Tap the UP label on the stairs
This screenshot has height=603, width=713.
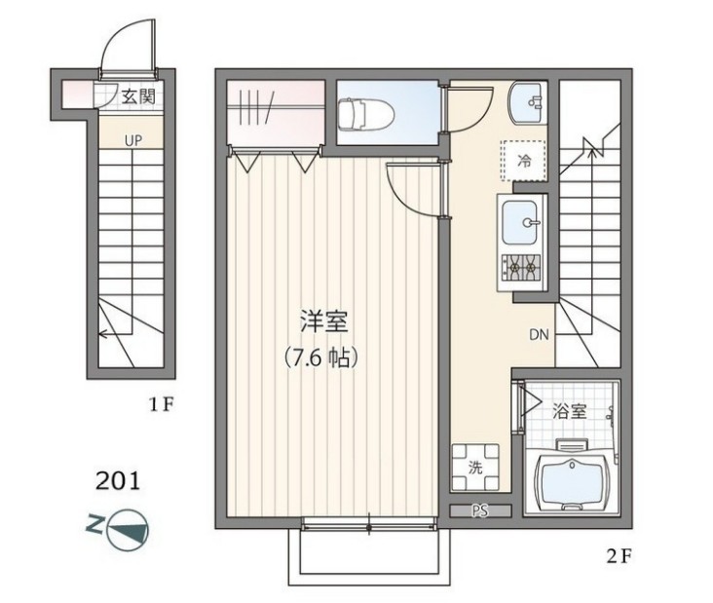tap(133, 140)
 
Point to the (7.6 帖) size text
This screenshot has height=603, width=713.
tap(322, 357)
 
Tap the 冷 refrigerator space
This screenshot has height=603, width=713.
tap(523, 161)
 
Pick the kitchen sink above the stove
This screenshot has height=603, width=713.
tap(523, 223)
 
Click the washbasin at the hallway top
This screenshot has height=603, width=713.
tap(526, 99)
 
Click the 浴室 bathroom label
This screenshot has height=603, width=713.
tap(571, 410)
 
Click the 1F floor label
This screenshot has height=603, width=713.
tap(161, 404)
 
